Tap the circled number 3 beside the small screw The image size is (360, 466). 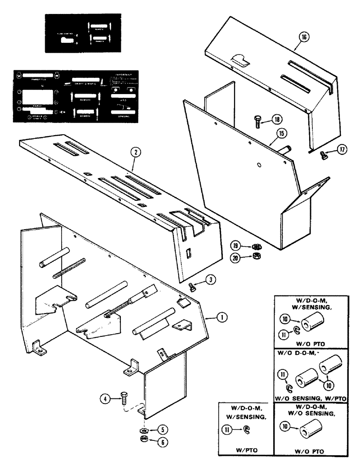[x=211, y=280]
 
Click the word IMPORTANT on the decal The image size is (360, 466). [x=121, y=74]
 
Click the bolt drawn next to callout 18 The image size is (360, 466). [x=258, y=123]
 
